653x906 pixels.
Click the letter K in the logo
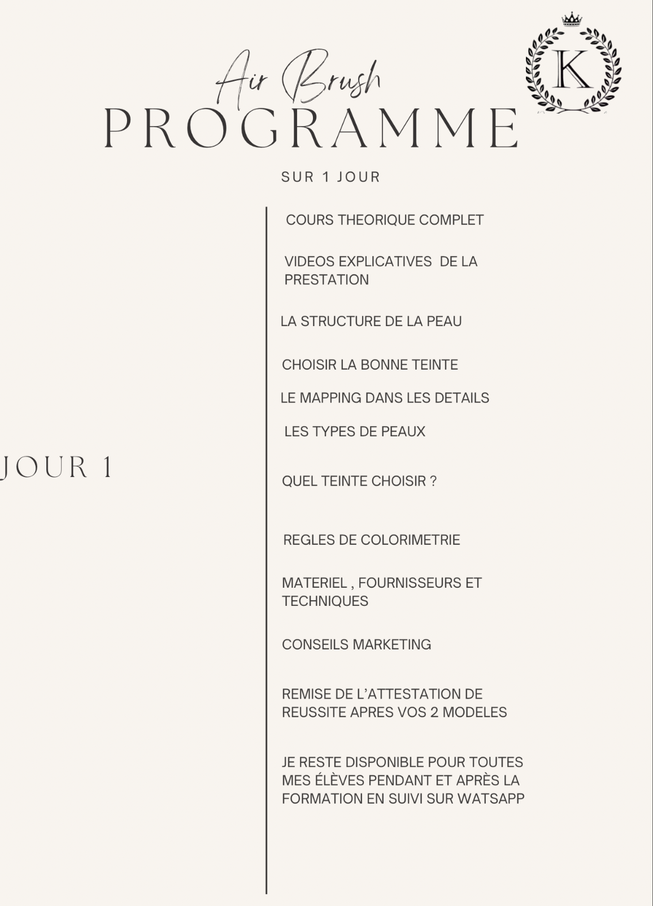[x=573, y=70]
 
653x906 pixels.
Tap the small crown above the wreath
[x=572, y=20]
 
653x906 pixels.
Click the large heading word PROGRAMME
[x=311, y=128]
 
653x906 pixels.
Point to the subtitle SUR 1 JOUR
[x=330, y=177]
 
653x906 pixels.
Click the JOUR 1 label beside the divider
[x=57, y=467]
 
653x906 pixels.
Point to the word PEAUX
[x=403, y=432]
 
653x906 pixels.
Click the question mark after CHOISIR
[x=433, y=482]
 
